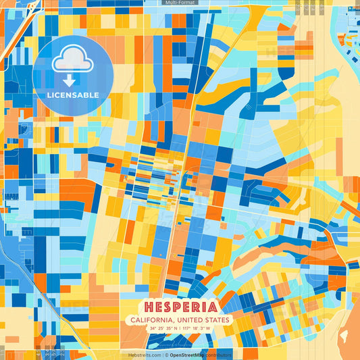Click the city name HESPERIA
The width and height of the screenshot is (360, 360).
pyautogui.click(x=180, y=306)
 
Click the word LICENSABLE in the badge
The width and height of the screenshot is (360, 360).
pyautogui.click(x=72, y=95)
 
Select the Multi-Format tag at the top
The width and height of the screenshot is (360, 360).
pyautogui.click(x=180, y=3)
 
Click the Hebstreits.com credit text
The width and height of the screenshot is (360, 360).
pyautogui.click(x=143, y=355)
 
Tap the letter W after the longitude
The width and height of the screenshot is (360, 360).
pyautogui.click(x=209, y=328)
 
